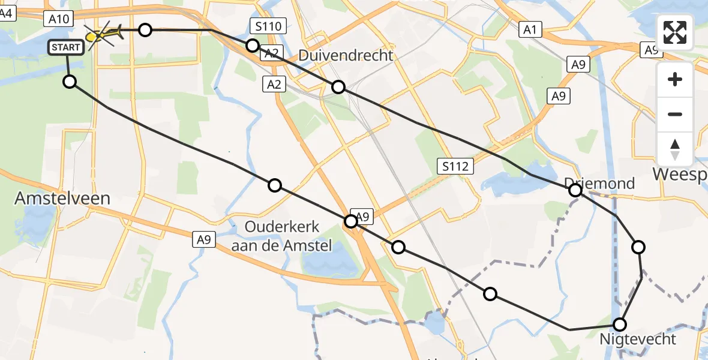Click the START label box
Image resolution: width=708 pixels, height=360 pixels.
[67, 47]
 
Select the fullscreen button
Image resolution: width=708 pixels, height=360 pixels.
[675, 32]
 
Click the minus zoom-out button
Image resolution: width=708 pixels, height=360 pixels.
[675, 114]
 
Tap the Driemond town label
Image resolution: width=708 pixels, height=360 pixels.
[599, 183]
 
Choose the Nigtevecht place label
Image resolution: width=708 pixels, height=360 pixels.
[637, 339]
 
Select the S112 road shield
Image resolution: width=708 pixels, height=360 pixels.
[456, 166]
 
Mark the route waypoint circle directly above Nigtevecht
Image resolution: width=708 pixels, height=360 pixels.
[620, 325]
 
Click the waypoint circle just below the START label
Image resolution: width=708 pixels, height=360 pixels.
[70, 82]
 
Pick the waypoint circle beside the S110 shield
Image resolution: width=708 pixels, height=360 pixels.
[253, 46]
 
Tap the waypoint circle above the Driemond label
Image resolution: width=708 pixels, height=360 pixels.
[575, 191]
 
